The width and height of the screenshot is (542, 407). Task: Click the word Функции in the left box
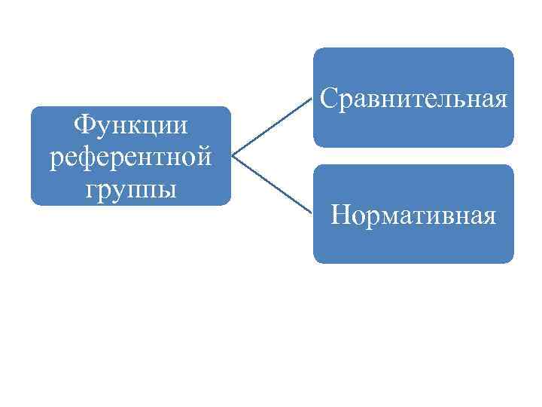coord(129,124)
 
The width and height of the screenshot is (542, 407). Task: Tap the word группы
coord(129,188)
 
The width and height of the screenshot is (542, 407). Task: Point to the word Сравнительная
coord(413,99)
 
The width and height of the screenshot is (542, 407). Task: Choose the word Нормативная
coord(413,216)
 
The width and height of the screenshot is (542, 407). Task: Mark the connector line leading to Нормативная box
coord(271,185)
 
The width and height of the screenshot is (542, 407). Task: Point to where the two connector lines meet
coord(232,156)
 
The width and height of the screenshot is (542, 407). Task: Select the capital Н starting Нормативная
coord(340,216)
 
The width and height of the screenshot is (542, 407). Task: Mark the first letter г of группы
coord(92,189)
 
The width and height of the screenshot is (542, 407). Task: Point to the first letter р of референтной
coord(53,158)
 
